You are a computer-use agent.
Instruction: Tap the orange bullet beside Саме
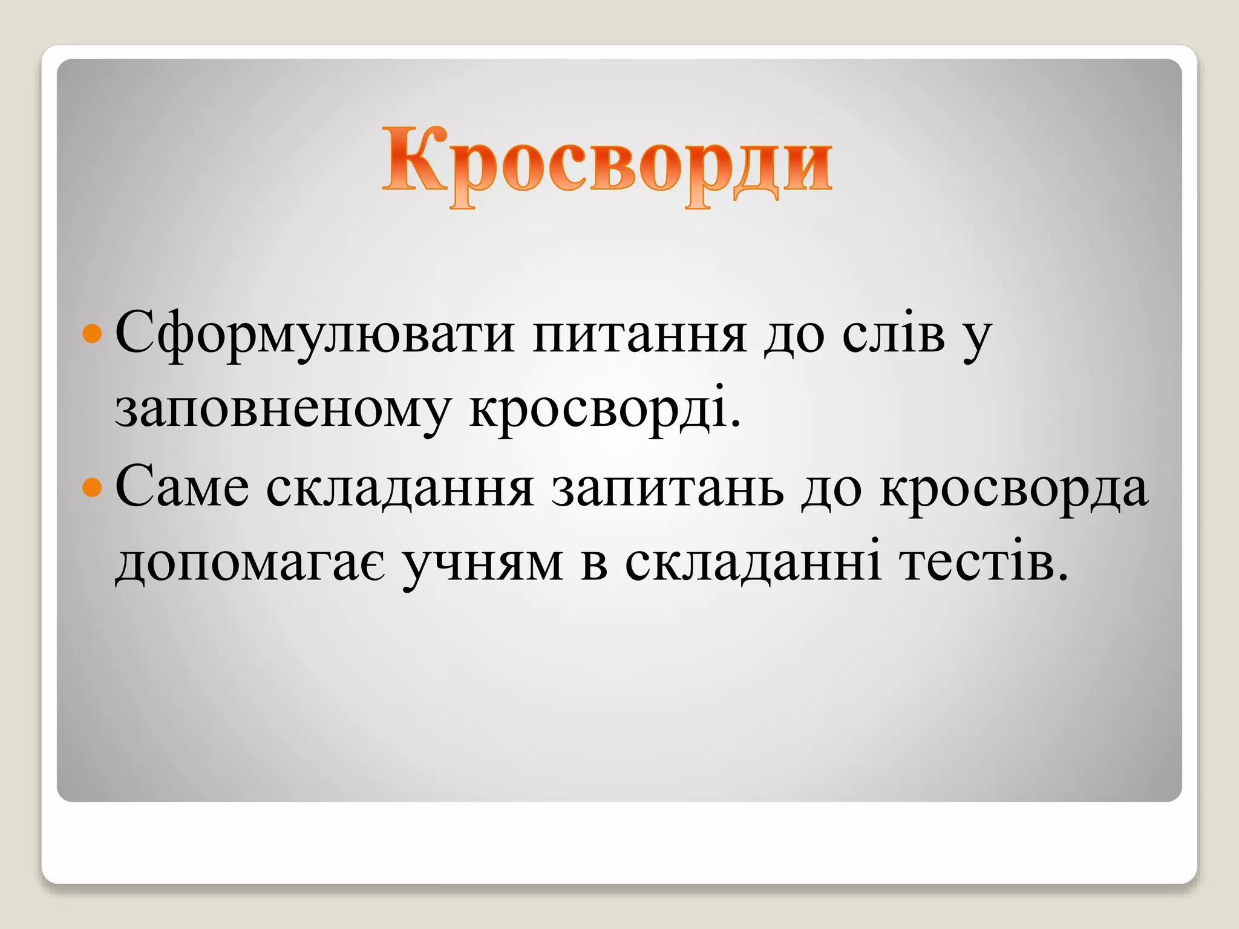pyautogui.click(x=92, y=487)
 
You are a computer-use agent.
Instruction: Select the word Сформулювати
pyautogui.click(x=315, y=334)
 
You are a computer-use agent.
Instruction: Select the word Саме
pyautogui.click(x=182, y=487)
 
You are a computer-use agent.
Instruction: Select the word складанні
pyautogui.click(x=753, y=564)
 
